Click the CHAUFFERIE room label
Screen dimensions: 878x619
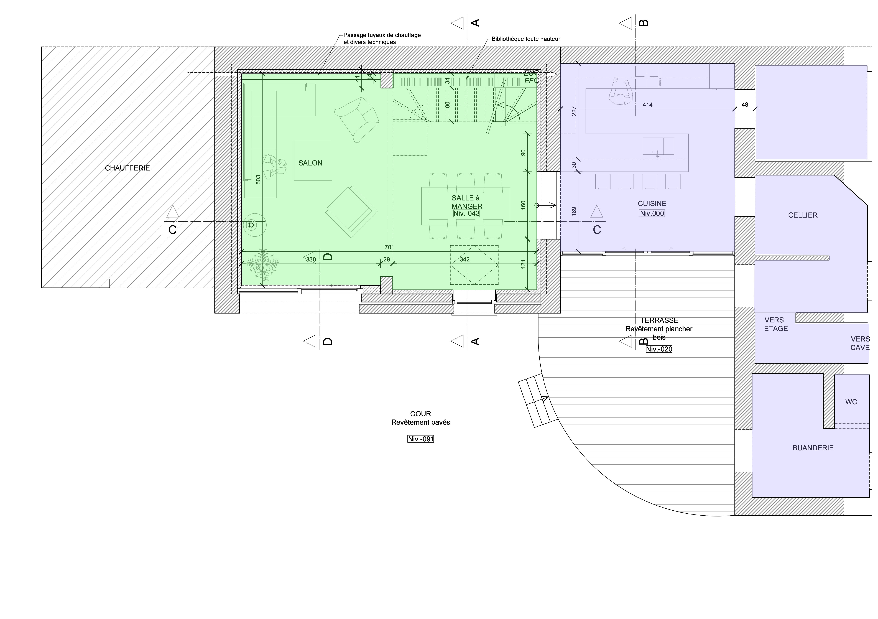[127, 168]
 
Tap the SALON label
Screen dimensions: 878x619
[310, 163]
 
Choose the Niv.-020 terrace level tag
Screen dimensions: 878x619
[659, 349]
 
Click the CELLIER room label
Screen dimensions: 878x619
[803, 215]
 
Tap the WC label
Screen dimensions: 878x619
[851, 402]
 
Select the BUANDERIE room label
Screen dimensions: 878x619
[813, 448]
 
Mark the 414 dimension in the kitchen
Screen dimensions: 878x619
[647, 105]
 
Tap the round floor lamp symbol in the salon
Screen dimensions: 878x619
[251, 225]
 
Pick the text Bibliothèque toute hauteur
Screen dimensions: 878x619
[526, 39]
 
